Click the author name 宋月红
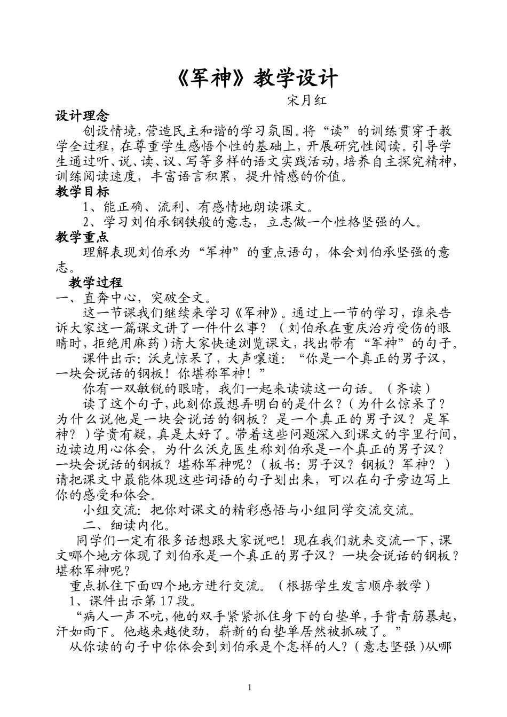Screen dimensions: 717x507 (307, 100)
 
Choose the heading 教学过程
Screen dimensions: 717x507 (96, 282)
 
